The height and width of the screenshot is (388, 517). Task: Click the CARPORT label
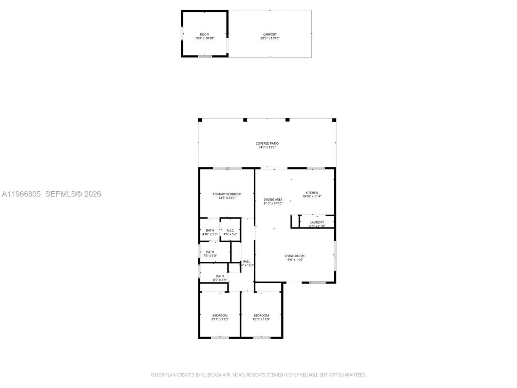pos(270,34)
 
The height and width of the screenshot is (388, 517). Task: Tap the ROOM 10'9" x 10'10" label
pos(204,34)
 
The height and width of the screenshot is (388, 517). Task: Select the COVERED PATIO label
pos(267,143)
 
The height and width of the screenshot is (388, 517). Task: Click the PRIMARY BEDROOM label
pos(227,194)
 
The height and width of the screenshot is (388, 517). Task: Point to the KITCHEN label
pos(311,193)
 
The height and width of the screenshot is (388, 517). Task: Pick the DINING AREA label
pos(273,200)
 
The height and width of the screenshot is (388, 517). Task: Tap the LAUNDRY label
pos(317,222)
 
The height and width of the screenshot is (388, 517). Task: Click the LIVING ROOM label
pos(294,256)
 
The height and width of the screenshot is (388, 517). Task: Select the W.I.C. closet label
pos(230,230)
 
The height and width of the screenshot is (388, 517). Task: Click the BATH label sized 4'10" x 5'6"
pos(210,230)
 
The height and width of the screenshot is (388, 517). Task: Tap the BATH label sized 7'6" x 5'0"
pos(210,252)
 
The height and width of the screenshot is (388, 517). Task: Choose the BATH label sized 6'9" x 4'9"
pos(220,276)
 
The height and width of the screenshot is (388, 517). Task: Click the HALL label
pos(246,261)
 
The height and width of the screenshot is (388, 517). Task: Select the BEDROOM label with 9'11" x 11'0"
pos(220,316)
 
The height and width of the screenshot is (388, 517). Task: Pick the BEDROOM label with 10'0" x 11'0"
pos(261,316)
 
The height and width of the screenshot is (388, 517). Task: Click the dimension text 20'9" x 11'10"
pos(270,38)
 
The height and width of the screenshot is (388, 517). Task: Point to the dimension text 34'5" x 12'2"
pos(267,148)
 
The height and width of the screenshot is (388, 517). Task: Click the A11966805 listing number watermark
pos(21,194)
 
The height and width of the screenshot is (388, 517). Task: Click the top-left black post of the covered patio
pos(200,120)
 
